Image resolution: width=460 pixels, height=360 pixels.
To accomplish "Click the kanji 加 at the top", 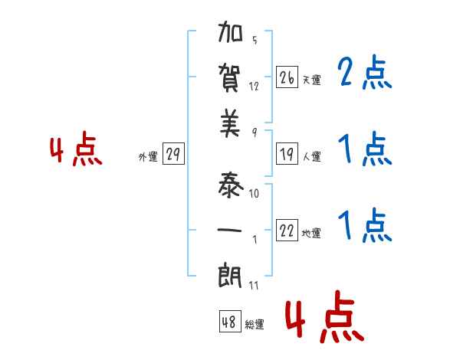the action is pyautogui.click(x=231, y=36).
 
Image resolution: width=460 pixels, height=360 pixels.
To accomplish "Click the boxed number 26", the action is pyautogui.click(x=287, y=78).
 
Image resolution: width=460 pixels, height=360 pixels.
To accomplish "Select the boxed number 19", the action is pyautogui.click(x=287, y=155).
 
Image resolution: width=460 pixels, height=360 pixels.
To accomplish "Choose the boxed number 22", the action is pyautogui.click(x=287, y=231).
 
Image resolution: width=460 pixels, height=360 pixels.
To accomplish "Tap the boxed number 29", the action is pyautogui.click(x=172, y=155).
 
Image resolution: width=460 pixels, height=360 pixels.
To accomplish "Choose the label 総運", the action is pyautogui.click(x=255, y=324).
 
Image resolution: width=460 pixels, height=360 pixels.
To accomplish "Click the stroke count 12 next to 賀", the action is pyautogui.click(x=254, y=86).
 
